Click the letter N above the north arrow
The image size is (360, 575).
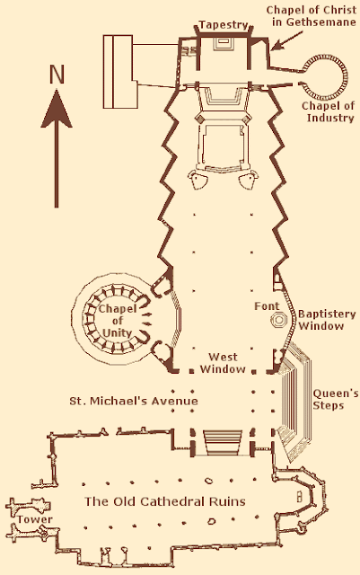click(57, 74)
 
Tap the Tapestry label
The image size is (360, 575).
click(224, 25)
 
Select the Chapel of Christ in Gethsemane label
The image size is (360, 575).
click(312, 16)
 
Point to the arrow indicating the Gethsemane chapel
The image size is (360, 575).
click(287, 40)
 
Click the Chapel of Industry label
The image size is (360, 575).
click(328, 111)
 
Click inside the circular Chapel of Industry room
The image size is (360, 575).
click(328, 76)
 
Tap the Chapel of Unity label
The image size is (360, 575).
click(117, 321)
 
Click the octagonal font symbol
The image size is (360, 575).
click(279, 320)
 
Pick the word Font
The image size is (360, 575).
click(267, 305)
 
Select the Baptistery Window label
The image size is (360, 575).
click(321, 320)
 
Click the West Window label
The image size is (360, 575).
click(223, 363)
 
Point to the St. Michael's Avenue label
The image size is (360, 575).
click(134, 401)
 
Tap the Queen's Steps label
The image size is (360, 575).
click(336, 399)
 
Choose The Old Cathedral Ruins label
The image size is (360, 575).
click(165, 501)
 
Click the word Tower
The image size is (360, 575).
click(35, 519)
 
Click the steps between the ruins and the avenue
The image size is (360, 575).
click(222, 442)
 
